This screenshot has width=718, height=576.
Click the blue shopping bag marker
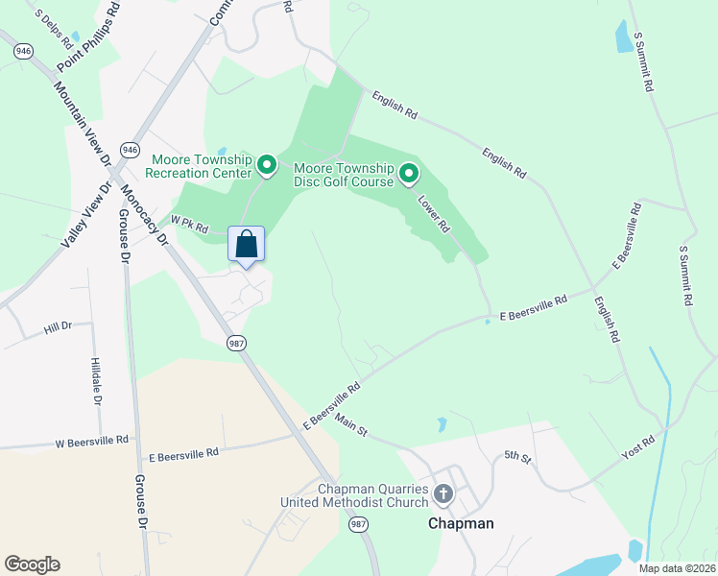(246, 244)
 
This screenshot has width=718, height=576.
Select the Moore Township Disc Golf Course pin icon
(409, 173)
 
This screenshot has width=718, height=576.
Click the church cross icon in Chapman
(443, 494)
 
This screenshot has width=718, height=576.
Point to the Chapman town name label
(461, 523)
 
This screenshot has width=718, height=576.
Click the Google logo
(32, 564)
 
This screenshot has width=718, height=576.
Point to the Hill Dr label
(58, 328)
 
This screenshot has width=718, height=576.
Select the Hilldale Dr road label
(96, 381)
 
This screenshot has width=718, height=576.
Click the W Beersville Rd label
(91, 443)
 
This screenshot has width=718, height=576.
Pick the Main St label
(351, 424)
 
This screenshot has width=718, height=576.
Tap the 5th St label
(517, 458)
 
